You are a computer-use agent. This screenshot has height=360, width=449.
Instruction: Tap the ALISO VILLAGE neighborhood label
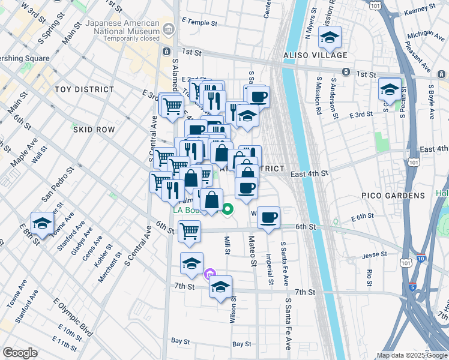point(322,55)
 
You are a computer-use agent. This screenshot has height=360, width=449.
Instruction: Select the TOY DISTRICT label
point(84,89)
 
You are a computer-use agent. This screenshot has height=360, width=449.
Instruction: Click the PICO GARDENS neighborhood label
point(393,196)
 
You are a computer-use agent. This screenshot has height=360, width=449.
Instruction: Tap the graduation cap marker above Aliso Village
point(329,38)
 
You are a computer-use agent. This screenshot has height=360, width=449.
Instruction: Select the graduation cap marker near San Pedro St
point(41,224)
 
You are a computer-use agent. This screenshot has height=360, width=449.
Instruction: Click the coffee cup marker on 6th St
point(269,217)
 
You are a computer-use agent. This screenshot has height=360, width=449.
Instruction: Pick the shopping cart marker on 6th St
point(189,230)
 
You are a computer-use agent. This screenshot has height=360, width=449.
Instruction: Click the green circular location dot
point(228,209)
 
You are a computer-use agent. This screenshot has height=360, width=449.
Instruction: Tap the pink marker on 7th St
point(208,275)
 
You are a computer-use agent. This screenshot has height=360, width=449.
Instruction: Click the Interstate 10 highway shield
point(420,258)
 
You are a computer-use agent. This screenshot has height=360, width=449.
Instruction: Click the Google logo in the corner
point(20,353)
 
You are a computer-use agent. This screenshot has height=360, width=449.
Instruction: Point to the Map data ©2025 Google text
point(411,355)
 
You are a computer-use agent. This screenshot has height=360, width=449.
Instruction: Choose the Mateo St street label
point(253,251)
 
